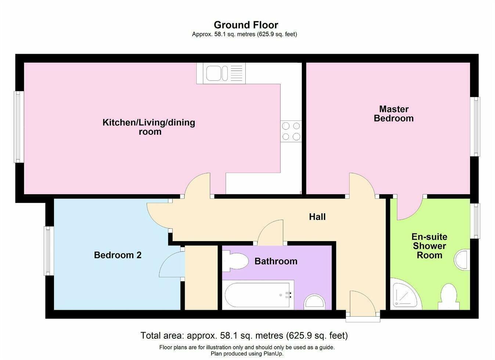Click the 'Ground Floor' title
tap(246, 25)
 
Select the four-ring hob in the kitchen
tap(291, 131)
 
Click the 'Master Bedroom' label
tap(394, 114)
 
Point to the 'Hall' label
tap(317, 217)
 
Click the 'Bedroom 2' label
tap(118, 255)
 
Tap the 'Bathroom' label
tap(276, 261)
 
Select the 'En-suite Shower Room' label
tap(429, 246)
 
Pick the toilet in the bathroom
tap(235, 261)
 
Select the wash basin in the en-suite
tap(462, 260)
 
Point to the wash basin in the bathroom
tap(315, 302)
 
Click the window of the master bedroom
tap(476, 127)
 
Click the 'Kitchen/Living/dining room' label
tap(149, 127)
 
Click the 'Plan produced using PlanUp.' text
tap(247, 354)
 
